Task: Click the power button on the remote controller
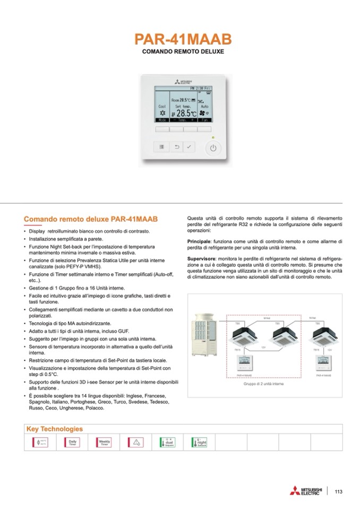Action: coord(213,148)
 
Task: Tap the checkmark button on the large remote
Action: coord(190,147)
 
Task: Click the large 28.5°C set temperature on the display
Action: coord(186,113)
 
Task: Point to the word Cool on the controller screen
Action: coord(162,106)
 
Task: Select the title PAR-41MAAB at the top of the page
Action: coord(183,40)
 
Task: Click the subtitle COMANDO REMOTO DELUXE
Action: coord(183,53)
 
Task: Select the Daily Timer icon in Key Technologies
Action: coord(72,442)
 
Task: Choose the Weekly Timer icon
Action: coord(104,442)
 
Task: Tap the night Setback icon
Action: coord(199,442)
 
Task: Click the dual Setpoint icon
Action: coord(167,442)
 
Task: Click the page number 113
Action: coord(339,491)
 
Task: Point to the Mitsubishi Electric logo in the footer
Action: coord(306,491)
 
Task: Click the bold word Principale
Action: coord(199,241)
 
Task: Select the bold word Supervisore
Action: coord(202,258)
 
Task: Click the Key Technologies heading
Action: coord(55,428)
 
